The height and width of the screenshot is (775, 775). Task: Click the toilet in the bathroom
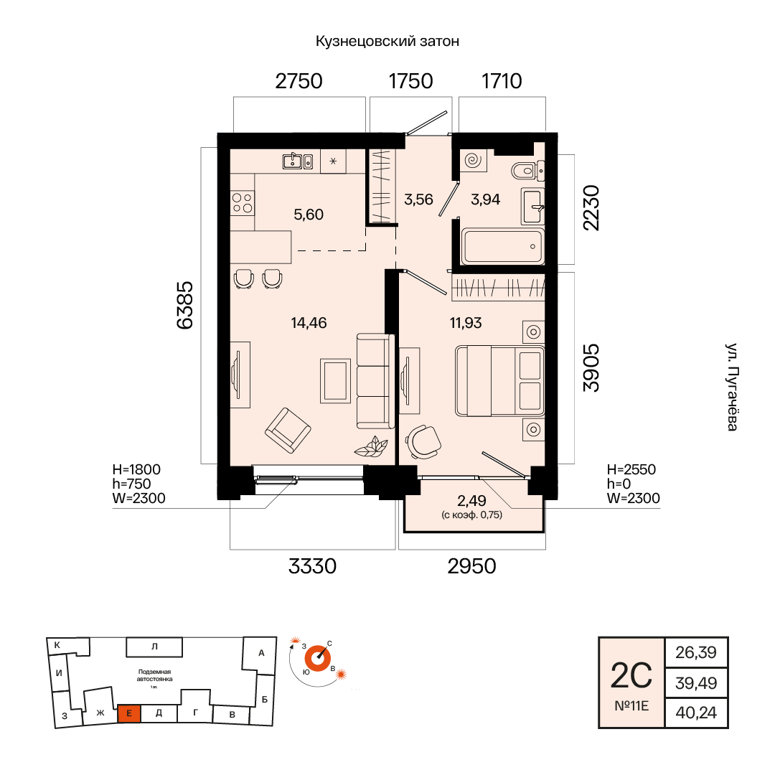527,171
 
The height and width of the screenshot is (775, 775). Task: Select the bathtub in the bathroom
502,246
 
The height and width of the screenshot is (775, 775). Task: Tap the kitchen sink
298,161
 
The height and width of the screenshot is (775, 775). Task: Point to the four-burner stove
243,202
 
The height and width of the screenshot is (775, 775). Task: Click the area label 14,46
309,323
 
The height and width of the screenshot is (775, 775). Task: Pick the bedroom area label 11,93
466,323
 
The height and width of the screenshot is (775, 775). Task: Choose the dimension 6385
185,305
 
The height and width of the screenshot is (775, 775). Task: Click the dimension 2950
471,566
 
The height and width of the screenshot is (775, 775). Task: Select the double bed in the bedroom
499,380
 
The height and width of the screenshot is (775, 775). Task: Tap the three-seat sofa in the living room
375,380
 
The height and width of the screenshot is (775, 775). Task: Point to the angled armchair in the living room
288,430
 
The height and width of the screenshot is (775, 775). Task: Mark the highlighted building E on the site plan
129,714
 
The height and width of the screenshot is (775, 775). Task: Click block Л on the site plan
154,647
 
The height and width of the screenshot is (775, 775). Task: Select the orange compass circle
317,659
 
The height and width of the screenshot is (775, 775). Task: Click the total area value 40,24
696,713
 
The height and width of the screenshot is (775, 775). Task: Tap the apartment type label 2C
631,676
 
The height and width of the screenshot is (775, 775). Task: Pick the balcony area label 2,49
471,501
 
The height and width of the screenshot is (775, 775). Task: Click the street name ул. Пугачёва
732,387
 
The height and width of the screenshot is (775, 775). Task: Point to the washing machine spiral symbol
473,160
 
